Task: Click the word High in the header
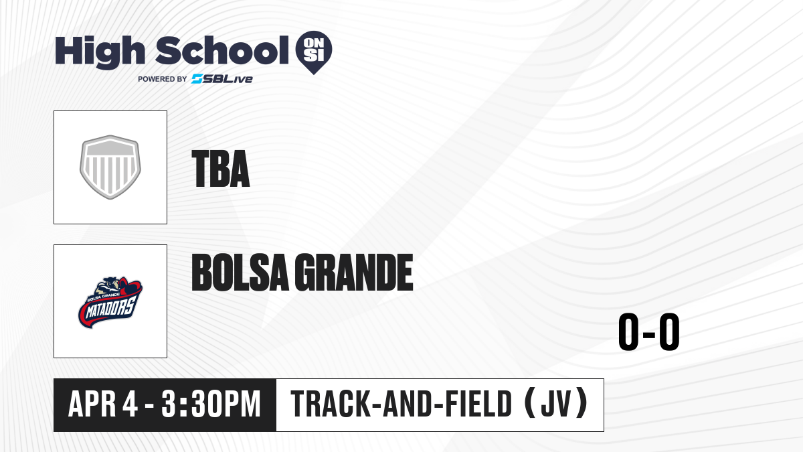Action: [100, 52]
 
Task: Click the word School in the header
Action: [222, 50]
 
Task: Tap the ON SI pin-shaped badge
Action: [314, 52]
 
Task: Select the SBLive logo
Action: [222, 79]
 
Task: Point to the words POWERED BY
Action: [163, 79]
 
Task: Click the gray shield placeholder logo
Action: [110, 167]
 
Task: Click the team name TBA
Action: [221, 169]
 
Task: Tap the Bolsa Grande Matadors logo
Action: [110, 302]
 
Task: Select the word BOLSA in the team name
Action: [240, 272]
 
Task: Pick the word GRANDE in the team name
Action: [354, 272]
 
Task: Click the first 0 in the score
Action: [628, 331]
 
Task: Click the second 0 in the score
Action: [669, 331]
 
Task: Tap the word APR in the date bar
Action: [92, 404]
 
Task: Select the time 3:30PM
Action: [211, 404]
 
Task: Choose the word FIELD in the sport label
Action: [476, 404]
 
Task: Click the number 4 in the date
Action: [130, 404]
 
